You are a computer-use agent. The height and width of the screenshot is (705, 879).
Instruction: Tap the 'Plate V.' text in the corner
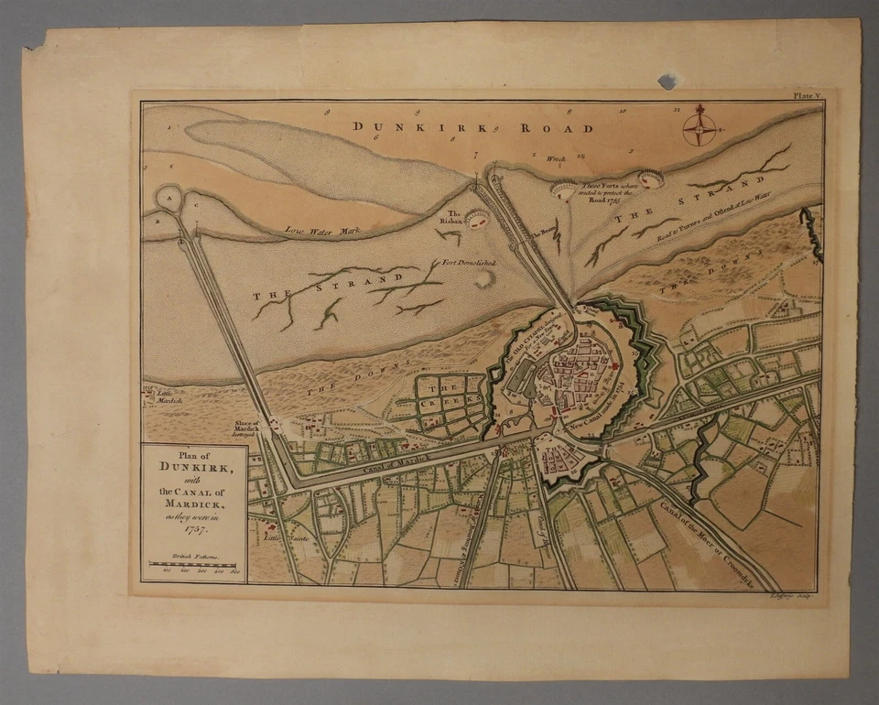tap(807, 95)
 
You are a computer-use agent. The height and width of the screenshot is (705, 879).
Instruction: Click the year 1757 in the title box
tap(193, 528)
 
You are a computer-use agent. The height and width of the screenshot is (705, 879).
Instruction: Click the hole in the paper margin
tap(667, 81)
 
